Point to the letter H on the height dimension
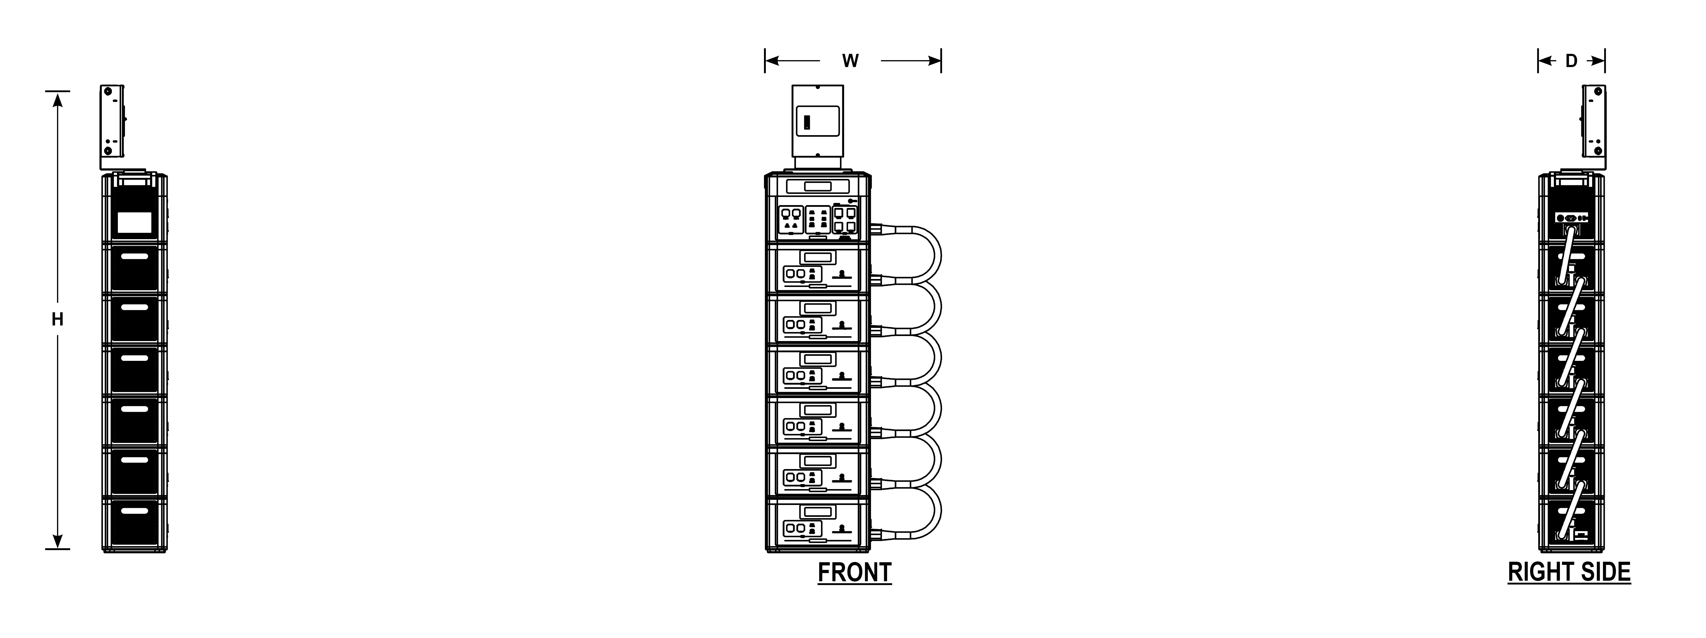click(58, 320)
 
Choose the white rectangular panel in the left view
click(134, 222)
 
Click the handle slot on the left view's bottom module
click(134, 511)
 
